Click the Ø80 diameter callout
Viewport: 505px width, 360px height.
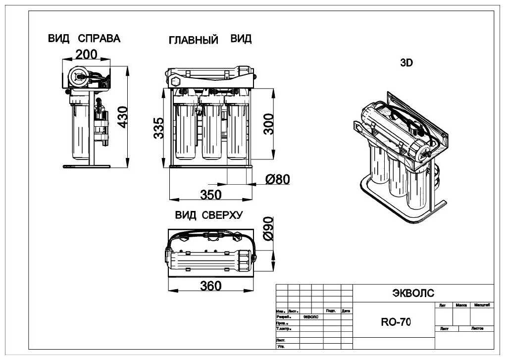pyautogui.click(x=277, y=179)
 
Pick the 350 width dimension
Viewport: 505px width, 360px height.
pyautogui.click(x=210, y=195)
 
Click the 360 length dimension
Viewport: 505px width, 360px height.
pyautogui.click(x=210, y=286)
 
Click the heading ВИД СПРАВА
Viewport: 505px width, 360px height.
pyautogui.click(x=84, y=39)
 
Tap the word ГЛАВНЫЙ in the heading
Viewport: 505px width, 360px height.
pyautogui.click(x=194, y=40)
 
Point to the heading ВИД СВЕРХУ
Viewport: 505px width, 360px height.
pyautogui.click(x=208, y=215)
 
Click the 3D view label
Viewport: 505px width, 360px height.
pyautogui.click(x=406, y=63)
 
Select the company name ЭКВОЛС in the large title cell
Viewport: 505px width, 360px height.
pyautogui.click(x=413, y=293)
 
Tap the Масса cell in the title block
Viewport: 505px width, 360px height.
pyautogui.click(x=461, y=306)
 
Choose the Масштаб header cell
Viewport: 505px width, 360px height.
pyautogui.click(x=482, y=306)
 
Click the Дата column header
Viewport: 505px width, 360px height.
pyautogui.click(x=346, y=311)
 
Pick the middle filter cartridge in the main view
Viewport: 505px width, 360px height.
pyautogui.click(x=213, y=131)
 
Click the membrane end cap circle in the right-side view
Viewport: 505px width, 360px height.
pyautogui.click(x=78, y=76)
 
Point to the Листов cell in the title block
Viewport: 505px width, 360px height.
pyautogui.click(x=477, y=328)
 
